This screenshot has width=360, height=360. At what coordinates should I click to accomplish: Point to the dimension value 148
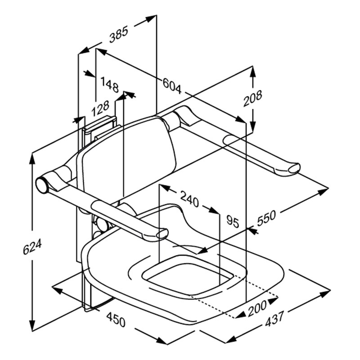109,84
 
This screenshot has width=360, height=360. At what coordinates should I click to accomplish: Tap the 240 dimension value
189,199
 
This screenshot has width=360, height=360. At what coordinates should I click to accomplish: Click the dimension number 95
231,221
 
